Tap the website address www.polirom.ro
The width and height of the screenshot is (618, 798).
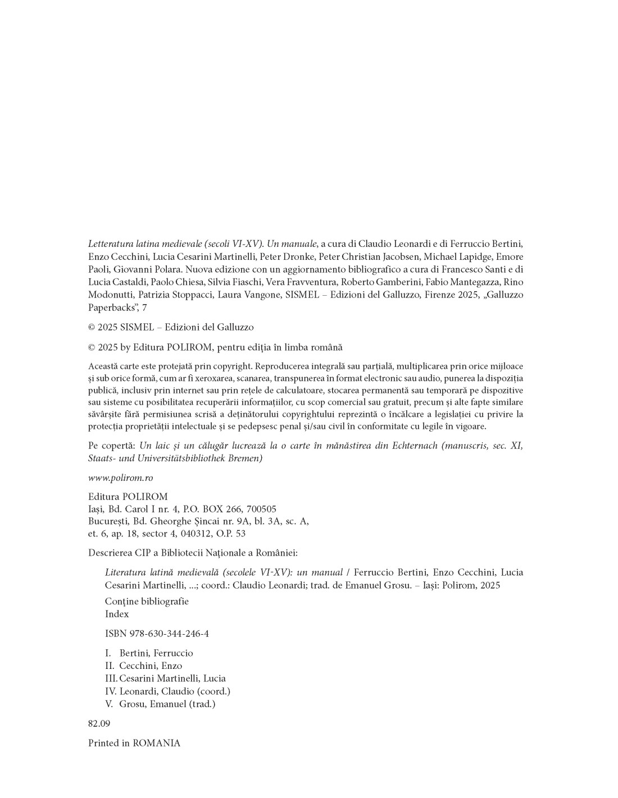click(x=120, y=478)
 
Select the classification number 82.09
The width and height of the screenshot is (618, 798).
click(x=99, y=723)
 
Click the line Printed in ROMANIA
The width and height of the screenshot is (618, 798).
click(x=134, y=743)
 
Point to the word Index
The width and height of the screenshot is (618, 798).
click(x=117, y=614)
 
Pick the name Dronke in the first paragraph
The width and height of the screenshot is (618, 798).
click(x=298, y=256)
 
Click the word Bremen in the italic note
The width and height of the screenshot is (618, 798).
click(x=246, y=458)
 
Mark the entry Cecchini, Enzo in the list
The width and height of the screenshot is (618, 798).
click(x=151, y=666)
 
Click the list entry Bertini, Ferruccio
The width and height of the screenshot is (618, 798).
click(x=156, y=653)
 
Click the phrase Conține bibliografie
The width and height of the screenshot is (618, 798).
click(x=147, y=601)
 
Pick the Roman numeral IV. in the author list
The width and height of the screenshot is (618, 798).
click(x=111, y=691)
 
